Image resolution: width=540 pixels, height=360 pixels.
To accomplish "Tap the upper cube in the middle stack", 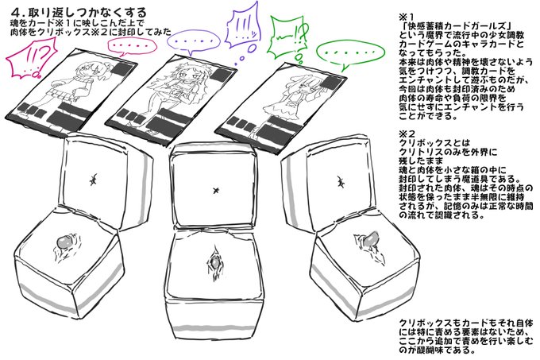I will [x=215, y=188].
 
